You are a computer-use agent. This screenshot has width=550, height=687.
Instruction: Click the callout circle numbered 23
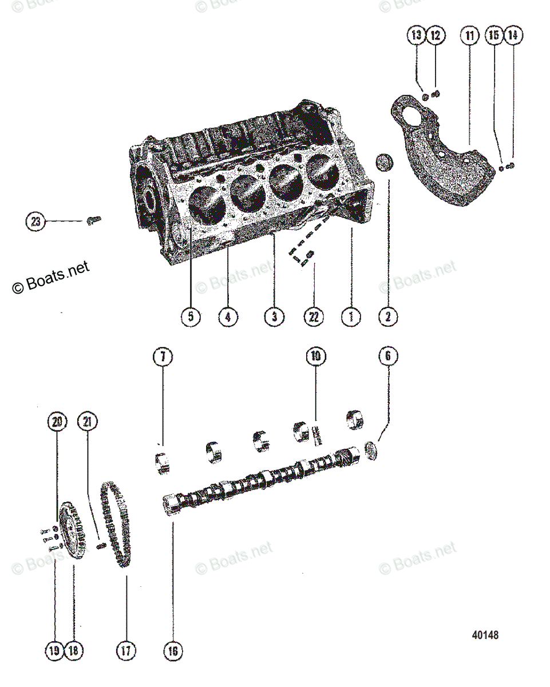coord(35,221)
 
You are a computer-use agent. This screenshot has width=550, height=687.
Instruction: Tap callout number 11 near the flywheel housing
coord(470,35)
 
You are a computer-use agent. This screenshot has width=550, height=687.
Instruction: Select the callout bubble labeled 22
coord(314,317)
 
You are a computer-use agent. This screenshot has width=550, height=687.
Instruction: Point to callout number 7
coord(163,357)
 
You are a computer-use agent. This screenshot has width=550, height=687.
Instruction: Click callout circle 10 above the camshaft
coord(315,357)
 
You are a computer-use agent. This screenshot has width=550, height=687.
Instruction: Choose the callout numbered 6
coord(388,357)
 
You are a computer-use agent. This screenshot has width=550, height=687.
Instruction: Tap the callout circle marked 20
coord(57,423)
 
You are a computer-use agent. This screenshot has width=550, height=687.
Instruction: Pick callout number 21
coord(87,423)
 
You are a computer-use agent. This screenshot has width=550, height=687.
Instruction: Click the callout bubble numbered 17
coord(126,650)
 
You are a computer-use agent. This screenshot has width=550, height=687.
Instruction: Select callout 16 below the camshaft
coord(173,650)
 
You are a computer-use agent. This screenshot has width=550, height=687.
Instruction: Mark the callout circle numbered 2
coord(388,317)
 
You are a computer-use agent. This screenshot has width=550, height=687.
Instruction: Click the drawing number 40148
coord(485,635)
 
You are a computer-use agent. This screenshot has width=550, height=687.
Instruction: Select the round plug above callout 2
coord(385,162)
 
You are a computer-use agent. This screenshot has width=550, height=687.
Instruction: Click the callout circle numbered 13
coord(417,35)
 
